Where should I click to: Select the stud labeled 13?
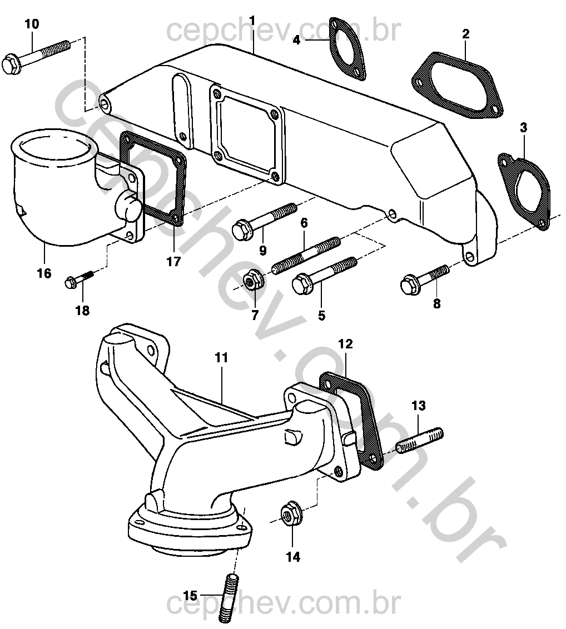tap(419, 439)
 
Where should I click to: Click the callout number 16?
tap(44, 273)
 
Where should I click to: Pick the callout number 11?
tap(221, 358)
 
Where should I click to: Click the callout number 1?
tap(252, 21)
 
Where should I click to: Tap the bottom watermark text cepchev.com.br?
tap(284, 606)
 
